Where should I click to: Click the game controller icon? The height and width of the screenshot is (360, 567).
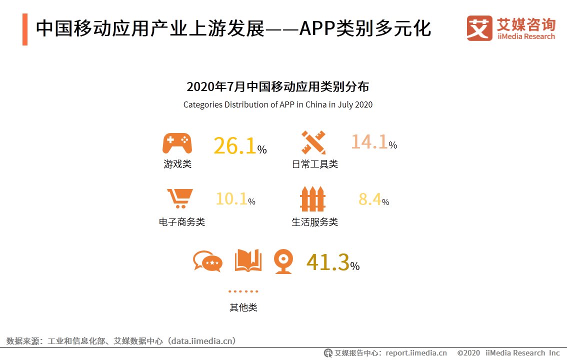[177, 143]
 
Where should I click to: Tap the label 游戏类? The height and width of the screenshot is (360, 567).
[177, 164]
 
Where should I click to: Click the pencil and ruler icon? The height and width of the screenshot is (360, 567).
[313, 142]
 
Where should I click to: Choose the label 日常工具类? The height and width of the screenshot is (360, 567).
[315, 164]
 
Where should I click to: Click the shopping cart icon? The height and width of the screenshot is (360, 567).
[179, 198]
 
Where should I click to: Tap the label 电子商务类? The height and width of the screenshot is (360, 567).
[182, 222]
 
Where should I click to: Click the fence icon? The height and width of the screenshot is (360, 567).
[313, 198]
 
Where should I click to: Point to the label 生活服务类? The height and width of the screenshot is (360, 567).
[315, 222]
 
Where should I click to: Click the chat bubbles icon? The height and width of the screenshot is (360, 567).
[207, 261]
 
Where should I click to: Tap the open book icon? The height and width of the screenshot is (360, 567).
[248, 261]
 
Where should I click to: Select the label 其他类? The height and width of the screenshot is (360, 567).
[243, 307]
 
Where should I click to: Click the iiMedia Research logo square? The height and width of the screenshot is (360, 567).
[479, 28]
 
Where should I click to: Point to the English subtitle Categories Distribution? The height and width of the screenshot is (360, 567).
[277, 105]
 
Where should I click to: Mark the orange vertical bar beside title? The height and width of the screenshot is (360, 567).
[25, 29]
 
